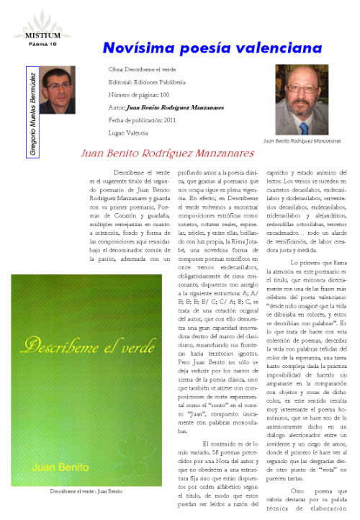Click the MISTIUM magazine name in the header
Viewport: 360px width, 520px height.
[32, 35]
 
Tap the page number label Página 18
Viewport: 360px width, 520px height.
[32, 43]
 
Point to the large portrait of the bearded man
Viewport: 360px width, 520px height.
[301, 99]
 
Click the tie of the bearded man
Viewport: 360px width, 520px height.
[303, 127]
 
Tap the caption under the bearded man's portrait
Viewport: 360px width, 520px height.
[302, 141]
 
